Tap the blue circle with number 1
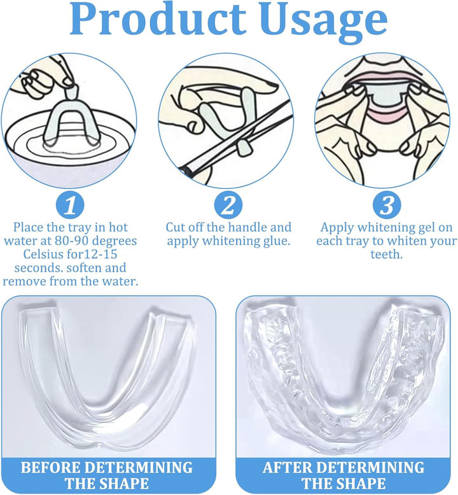pos(71,205)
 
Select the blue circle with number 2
pos(228,205)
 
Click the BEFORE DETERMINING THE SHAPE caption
pos(106,475)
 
